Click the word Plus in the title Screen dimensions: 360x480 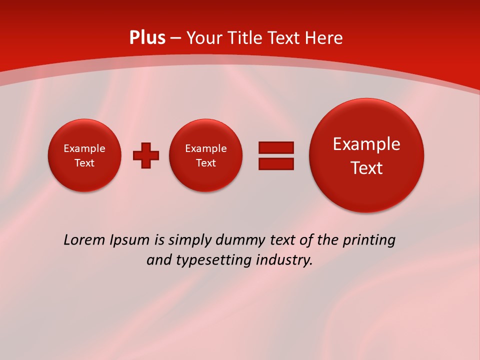click(147, 38)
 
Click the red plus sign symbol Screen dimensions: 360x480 click(146, 155)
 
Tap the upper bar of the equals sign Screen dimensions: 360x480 click(276, 147)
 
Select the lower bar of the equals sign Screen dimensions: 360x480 click(276, 163)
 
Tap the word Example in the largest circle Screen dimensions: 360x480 click(366, 144)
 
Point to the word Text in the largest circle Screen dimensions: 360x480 click(366, 168)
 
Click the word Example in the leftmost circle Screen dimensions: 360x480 click(84, 148)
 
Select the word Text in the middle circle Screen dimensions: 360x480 click(206, 163)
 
